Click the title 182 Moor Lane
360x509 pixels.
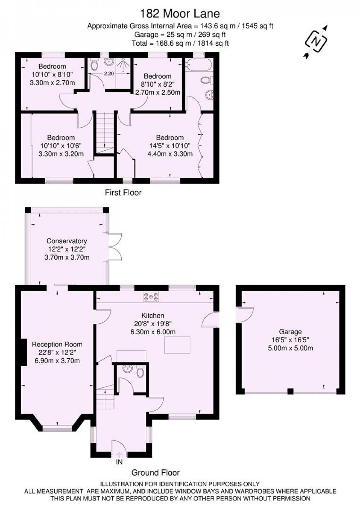coord(180,14)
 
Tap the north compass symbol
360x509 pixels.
coord(316,42)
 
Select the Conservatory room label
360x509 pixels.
coord(67,241)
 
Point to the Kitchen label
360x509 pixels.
coord(153,315)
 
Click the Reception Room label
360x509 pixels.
coord(57,344)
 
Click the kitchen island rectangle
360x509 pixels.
coord(177,345)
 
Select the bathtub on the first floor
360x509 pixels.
coord(198,65)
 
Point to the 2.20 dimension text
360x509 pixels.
coord(109,74)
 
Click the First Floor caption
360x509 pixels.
coord(123,193)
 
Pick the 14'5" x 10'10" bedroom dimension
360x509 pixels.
coord(170,146)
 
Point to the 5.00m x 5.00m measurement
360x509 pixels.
coord(291,348)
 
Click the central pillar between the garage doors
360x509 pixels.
coord(291,391)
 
